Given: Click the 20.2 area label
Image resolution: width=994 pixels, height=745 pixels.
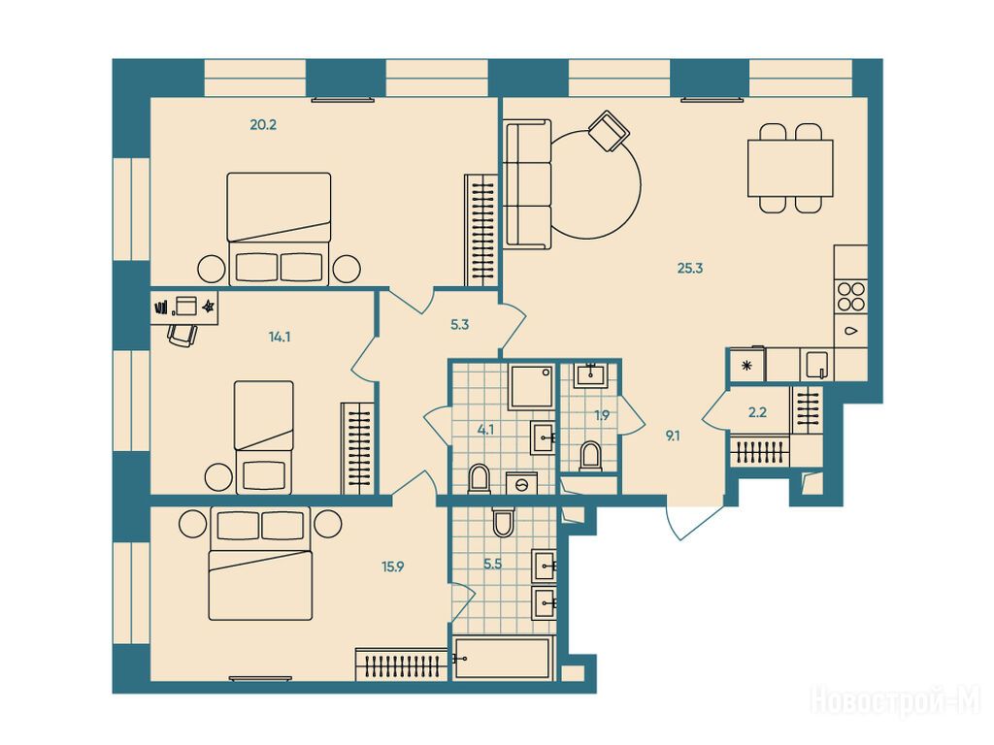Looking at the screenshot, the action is click(263, 125).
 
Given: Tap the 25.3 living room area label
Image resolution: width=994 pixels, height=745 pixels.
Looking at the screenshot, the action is click(690, 268).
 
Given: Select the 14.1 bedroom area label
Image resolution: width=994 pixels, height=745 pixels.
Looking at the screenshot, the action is click(280, 337).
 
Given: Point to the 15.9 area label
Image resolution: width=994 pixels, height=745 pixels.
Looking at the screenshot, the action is click(392, 567).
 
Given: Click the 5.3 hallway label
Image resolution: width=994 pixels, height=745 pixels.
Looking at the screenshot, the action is click(459, 325).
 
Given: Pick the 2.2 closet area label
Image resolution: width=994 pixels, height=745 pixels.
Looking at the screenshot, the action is click(757, 412).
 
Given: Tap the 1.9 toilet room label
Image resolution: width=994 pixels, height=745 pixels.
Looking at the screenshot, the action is click(602, 415).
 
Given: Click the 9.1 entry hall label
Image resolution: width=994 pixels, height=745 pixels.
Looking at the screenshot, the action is click(672, 436).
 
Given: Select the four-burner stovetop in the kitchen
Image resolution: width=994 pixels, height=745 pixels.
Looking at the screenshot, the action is click(850, 296).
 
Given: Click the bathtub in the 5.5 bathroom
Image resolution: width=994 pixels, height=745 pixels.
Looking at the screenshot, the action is click(504, 659).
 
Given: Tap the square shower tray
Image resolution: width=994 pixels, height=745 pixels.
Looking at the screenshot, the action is click(531, 387).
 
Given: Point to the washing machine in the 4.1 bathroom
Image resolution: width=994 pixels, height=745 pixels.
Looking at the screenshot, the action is click(521, 483).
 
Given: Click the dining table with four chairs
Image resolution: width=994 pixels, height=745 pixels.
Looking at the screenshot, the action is click(790, 168).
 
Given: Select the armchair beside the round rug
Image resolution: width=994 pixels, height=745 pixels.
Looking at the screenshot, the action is click(609, 131).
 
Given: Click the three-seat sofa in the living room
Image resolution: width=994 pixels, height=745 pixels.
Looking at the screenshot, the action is click(528, 183).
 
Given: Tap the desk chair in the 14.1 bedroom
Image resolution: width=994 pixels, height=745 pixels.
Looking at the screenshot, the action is click(183, 334).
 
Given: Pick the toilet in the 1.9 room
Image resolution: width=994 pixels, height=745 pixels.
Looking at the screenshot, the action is click(590, 456).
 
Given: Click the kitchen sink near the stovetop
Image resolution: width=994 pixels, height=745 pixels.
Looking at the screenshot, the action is click(816, 366).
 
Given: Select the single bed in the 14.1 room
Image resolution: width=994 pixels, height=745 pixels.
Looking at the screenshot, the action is click(264, 437).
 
